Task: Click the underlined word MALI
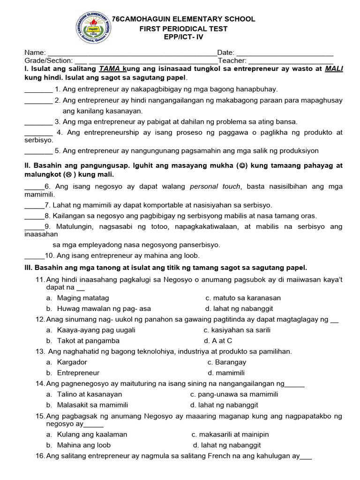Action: pyautogui.click(x=334, y=69)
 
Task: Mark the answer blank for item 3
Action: pyautogui.click(x=38, y=122)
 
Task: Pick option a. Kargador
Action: pyautogui.click(x=71, y=362)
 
